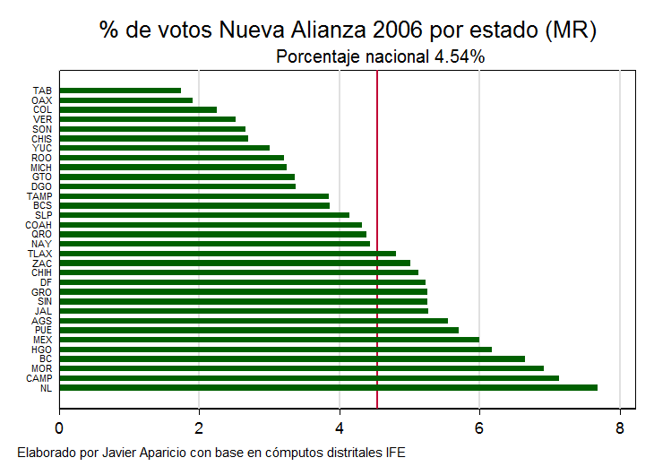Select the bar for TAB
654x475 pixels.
120,91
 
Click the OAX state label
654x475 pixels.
42,100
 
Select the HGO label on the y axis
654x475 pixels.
42,350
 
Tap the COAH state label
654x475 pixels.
39,225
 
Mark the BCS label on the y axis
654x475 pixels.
42,205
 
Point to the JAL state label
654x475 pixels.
43,311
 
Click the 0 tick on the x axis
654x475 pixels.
60,427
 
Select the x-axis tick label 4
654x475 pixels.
340,427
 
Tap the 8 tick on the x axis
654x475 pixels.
620,427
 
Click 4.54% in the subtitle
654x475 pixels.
460,56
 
